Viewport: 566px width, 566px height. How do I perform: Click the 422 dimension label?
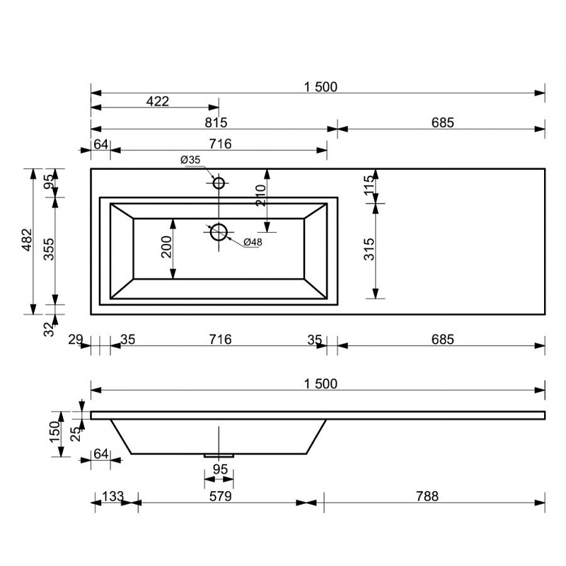point(157,101)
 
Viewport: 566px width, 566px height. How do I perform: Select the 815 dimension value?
point(216,122)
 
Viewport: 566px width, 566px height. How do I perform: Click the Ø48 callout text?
point(253,243)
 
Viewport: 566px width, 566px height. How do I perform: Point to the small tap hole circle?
point(219,183)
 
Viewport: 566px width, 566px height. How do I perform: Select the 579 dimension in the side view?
point(221,497)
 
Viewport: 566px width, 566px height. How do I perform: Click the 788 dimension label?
point(426,497)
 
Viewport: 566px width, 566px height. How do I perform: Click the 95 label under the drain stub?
point(220,469)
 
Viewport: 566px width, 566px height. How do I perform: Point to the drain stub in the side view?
point(219,456)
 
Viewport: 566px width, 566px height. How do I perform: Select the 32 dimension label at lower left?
point(49,328)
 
